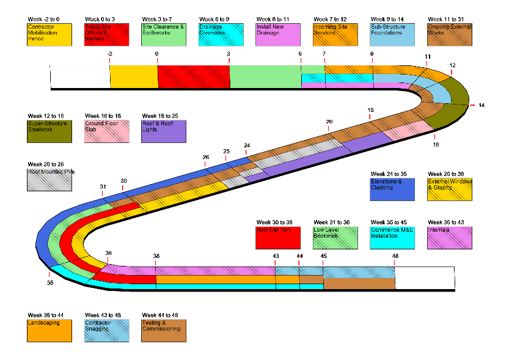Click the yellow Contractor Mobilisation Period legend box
click(49, 35)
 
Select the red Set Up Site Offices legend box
click(106, 35)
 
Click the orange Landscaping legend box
click(49, 331)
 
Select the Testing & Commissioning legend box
click(163, 331)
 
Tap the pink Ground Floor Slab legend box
click(106, 131)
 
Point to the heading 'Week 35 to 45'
click(391, 222)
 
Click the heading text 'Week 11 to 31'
click(449, 19)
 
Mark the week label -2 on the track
click(109, 54)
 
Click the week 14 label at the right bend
click(482, 105)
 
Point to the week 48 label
click(395, 256)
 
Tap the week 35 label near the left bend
click(50, 283)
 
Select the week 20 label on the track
click(329, 122)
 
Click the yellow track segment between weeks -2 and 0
click(134, 77)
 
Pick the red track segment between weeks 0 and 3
click(193, 77)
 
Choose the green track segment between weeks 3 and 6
click(265, 77)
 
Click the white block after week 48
click(425, 278)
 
